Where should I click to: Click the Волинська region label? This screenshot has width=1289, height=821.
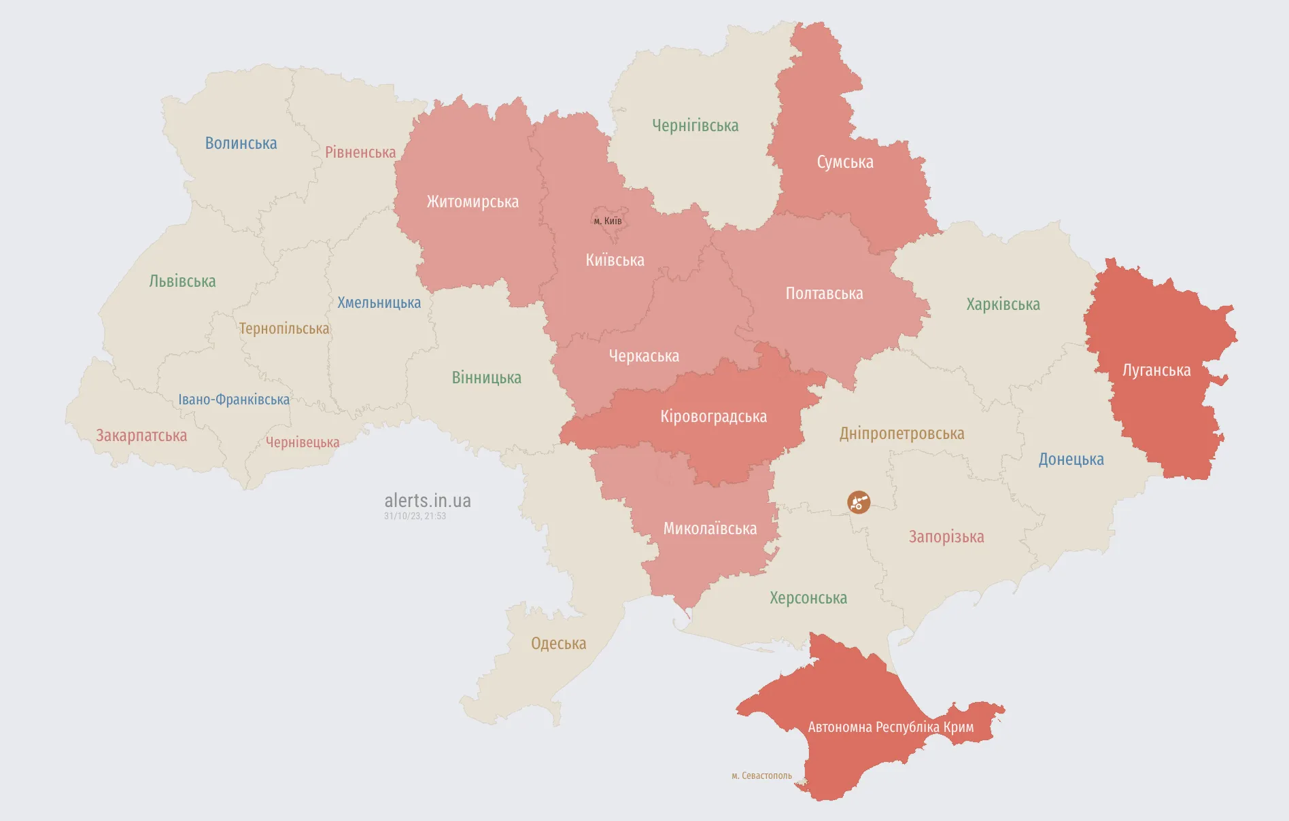pyautogui.click(x=241, y=143)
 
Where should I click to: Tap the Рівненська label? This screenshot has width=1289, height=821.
pyautogui.click(x=360, y=152)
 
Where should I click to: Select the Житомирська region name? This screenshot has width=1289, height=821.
pyautogui.click(x=472, y=202)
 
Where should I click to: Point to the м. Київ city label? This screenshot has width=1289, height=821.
pyautogui.click(x=608, y=221)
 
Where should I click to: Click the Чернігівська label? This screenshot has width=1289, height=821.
pyautogui.click(x=695, y=126)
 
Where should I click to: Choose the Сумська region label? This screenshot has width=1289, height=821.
pyautogui.click(x=845, y=162)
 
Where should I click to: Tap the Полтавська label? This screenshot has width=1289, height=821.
pyautogui.click(x=824, y=294)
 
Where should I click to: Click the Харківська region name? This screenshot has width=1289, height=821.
pyautogui.click(x=1003, y=304)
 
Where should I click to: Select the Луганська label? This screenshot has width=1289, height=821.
pyautogui.click(x=1156, y=370)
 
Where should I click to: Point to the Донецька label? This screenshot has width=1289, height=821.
pyautogui.click(x=1071, y=459)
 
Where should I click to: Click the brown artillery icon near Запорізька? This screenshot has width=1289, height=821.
pyautogui.click(x=859, y=502)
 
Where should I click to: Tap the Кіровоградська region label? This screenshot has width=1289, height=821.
pyautogui.click(x=713, y=417)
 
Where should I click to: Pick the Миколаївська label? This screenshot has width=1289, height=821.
pyautogui.click(x=710, y=529)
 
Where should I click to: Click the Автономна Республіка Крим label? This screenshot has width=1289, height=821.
pyautogui.click(x=891, y=727)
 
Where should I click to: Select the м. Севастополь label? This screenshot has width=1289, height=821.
pyautogui.click(x=761, y=775)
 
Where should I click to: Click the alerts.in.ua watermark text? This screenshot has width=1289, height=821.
pyautogui.click(x=428, y=501)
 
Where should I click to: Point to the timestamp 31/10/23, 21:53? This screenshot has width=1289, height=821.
pyautogui.click(x=415, y=517)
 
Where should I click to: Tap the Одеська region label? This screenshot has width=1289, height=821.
pyautogui.click(x=558, y=644)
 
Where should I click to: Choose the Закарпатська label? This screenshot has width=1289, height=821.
pyautogui.click(x=141, y=436)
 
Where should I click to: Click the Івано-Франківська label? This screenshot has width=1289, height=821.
pyautogui.click(x=234, y=400)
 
